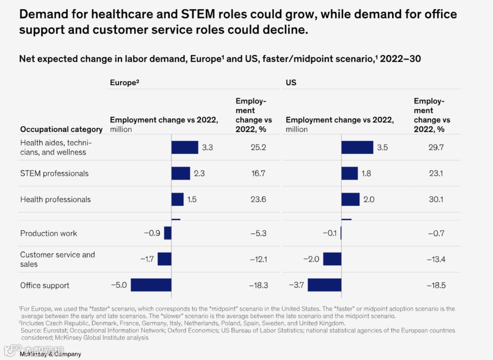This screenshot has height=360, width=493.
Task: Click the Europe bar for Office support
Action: click(x=151, y=285)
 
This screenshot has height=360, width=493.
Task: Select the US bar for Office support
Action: click(x=324, y=285)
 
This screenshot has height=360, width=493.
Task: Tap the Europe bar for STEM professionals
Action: click(x=180, y=173)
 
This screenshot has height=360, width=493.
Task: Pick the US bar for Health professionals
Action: click(x=351, y=199)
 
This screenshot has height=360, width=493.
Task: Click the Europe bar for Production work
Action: click(x=168, y=233)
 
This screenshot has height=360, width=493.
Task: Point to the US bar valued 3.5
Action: click(x=357, y=147)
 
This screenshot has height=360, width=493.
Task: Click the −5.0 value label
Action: click(x=119, y=285)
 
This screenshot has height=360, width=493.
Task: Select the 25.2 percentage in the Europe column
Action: click(x=258, y=147)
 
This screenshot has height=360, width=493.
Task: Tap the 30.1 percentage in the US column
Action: click(x=436, y=199)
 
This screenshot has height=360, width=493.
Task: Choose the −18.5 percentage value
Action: click(x=436, y=285)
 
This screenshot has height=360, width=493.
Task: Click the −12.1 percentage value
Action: click(x=258, y=259)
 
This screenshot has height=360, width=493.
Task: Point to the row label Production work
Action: click(x=48, y=233)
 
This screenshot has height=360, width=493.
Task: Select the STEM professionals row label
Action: click(x=54, y=173)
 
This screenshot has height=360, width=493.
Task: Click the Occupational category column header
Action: click(x=61, y=129)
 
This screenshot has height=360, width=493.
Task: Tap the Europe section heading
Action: click(x=124, y=83)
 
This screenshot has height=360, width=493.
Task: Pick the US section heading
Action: click(x=291, y=83)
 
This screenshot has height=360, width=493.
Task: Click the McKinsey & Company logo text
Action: click(x=50, y=354)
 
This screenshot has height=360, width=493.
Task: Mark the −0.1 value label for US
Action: click(x=330, y=233)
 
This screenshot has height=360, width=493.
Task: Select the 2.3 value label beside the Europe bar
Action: click(x=199, y=173)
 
